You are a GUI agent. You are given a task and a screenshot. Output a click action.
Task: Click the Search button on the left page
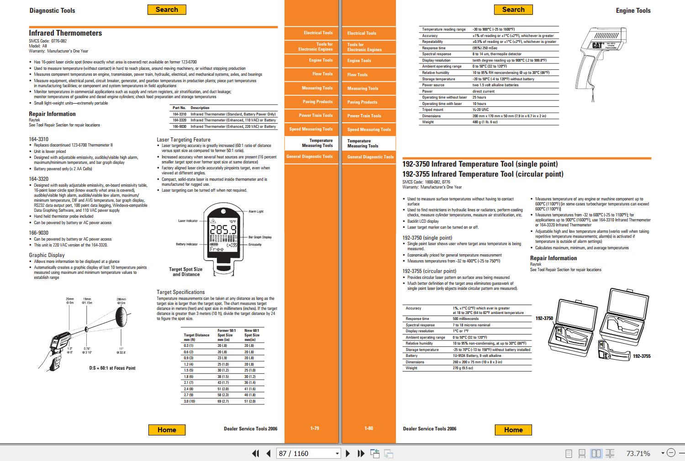[167, 10]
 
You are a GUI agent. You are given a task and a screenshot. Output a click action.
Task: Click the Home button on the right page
[513, 430]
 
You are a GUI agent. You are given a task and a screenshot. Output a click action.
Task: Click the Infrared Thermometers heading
[65, 33]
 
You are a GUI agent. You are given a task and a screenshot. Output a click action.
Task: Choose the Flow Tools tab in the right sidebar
[357, 74]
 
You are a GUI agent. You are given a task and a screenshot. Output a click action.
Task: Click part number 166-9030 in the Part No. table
[179, 126]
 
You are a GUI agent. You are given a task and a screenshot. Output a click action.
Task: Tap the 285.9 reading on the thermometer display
[223, 230]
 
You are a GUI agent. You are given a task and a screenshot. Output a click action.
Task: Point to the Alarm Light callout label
[256, 211]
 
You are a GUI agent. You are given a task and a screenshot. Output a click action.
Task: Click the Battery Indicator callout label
[187, 244]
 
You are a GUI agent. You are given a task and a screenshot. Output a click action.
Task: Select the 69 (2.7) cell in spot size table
[223, 401]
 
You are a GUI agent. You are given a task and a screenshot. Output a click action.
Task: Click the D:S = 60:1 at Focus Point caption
[112, 368]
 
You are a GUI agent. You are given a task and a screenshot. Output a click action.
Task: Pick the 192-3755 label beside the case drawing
[641, 356]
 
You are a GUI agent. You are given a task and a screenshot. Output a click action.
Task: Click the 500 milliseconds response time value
[465, 319]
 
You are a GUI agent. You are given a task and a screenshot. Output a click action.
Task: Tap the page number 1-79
[315, 428]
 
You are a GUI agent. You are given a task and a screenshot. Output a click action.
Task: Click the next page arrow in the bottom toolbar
[348, 453]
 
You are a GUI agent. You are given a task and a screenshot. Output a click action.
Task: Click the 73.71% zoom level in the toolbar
[638, 453]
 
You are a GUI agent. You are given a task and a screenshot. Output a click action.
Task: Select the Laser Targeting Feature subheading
[184, 140]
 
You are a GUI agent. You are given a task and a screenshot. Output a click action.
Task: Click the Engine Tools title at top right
[633, 10]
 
